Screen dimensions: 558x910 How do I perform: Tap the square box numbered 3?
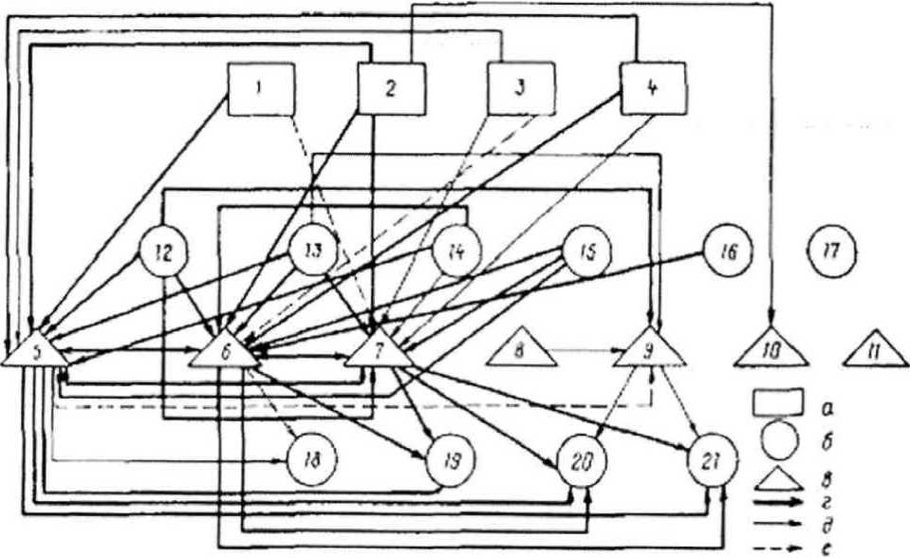click(520, 89)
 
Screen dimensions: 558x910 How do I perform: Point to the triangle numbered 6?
click(224, 352)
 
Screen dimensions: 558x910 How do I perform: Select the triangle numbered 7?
click(378, 352)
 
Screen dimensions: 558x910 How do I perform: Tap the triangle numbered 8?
click(521, 350)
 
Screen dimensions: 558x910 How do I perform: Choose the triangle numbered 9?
click(649, 352)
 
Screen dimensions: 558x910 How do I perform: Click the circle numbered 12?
click(162, 252)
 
